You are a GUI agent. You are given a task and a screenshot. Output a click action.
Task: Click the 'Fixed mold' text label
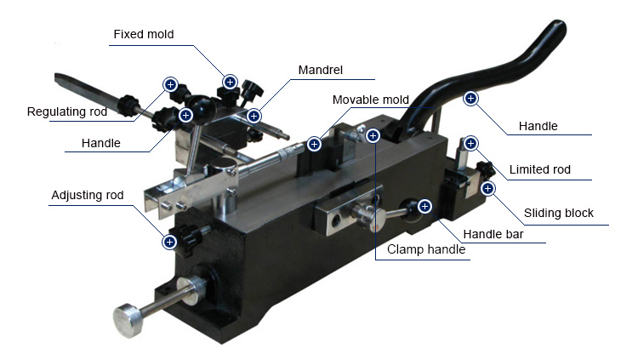[x=143, y=34]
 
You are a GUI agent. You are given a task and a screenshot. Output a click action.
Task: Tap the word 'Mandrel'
[x=321, y=69]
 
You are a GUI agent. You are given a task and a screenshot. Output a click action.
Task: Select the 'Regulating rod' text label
[x=67, y=111]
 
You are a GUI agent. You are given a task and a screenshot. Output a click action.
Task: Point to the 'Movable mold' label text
[x=370, y=100]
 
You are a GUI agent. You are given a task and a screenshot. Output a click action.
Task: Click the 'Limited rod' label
[x=539, y=169]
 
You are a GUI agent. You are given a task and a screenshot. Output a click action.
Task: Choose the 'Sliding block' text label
[x=558, y=213]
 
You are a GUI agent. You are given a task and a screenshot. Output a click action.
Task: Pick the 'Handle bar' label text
[x=493, y=234]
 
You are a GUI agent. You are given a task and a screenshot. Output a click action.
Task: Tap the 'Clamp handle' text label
[x=426, y=249]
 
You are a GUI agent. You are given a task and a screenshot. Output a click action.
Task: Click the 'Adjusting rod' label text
[x=87, y=195]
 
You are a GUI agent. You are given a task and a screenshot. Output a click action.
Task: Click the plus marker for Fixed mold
[x=230, y=82]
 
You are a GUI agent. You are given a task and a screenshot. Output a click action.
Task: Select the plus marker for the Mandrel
[x=253, y=115]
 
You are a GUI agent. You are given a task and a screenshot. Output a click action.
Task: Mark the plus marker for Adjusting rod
[x=170, y=243]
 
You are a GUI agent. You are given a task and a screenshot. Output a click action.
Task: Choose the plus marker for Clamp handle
[x=373, y=135]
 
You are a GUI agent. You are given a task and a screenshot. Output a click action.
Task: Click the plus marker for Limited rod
[x=470, y=143]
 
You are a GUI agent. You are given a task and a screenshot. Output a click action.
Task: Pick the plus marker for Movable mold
[x=315, y=144]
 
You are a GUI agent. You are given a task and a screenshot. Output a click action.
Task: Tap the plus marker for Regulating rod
[x=170, y=84]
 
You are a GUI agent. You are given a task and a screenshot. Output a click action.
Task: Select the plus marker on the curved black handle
[x=470, y=98]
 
